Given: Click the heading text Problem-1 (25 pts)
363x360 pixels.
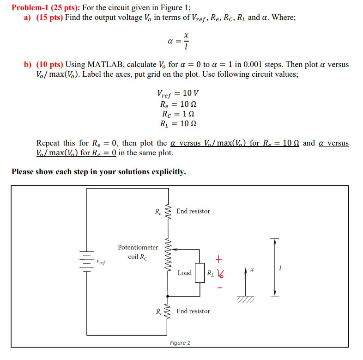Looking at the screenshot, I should tap(44, 7).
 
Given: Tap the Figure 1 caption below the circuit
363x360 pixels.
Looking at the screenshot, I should tap(180, 343).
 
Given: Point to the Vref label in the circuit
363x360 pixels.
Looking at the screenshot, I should tap(100, 262).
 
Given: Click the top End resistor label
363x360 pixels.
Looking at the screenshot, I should tap(193, 211).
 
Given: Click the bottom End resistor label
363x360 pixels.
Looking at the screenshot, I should tap(193, 311).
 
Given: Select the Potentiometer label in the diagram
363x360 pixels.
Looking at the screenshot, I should tap(138, 247).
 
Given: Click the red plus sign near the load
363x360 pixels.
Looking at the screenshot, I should tap(219, 258).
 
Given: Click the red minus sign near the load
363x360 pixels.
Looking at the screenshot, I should tap(219, 287).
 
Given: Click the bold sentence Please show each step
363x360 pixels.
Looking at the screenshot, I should tap(99, 172).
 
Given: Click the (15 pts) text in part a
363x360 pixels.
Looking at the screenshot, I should tap(49, 18).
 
